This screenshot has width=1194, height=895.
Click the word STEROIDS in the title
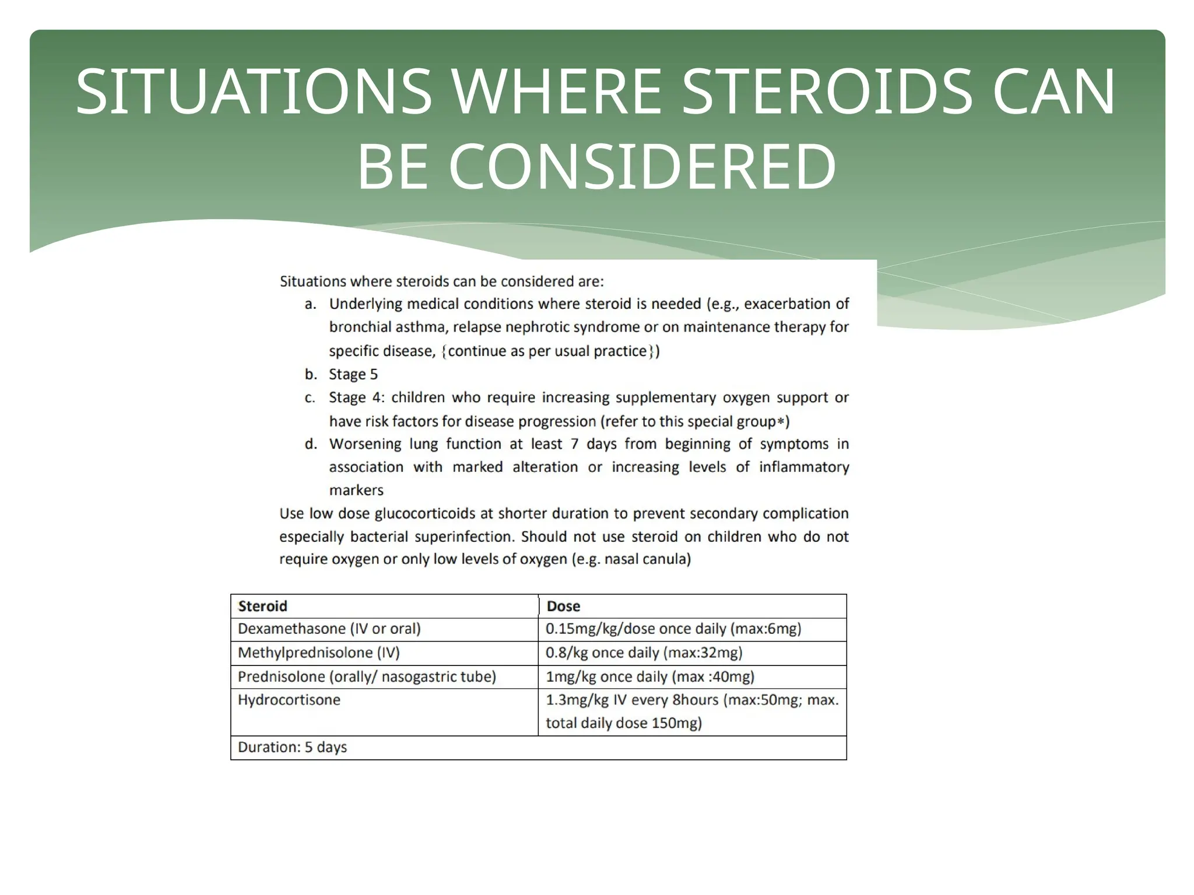point(827,92)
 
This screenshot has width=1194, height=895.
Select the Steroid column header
point(262,606)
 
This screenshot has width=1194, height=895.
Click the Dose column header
point(563,606)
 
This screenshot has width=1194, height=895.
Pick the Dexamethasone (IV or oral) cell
point(329,629)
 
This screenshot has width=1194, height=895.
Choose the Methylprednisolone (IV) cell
point(319,653)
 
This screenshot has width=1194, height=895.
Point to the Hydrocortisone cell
point(289,700)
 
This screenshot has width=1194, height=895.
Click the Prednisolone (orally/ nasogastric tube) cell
point(367,676)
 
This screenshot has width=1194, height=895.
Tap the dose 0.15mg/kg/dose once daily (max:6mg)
point(673,629)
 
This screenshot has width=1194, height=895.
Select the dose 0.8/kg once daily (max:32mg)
point(644,653)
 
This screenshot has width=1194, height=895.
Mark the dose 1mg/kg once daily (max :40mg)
point(649,676)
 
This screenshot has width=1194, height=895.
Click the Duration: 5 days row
point(292,747)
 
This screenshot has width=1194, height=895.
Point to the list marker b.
point(311,374)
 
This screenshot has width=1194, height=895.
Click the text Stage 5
point(353,374)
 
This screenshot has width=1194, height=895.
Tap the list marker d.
point(311,444)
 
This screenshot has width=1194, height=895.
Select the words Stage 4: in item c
point(356,397)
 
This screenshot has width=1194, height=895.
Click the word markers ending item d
point(356,490)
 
